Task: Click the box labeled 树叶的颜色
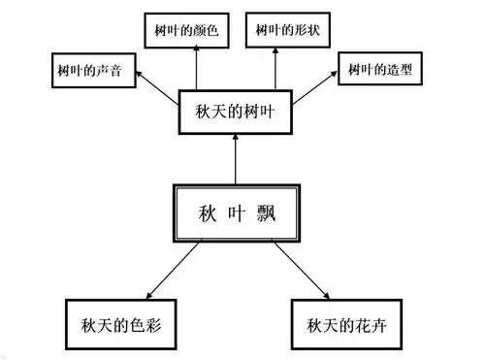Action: pos(186,30)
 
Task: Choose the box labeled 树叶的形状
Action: pos(288,30)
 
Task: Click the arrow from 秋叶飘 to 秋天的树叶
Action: pos(234,161)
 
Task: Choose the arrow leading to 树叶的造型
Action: pos(315,85)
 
